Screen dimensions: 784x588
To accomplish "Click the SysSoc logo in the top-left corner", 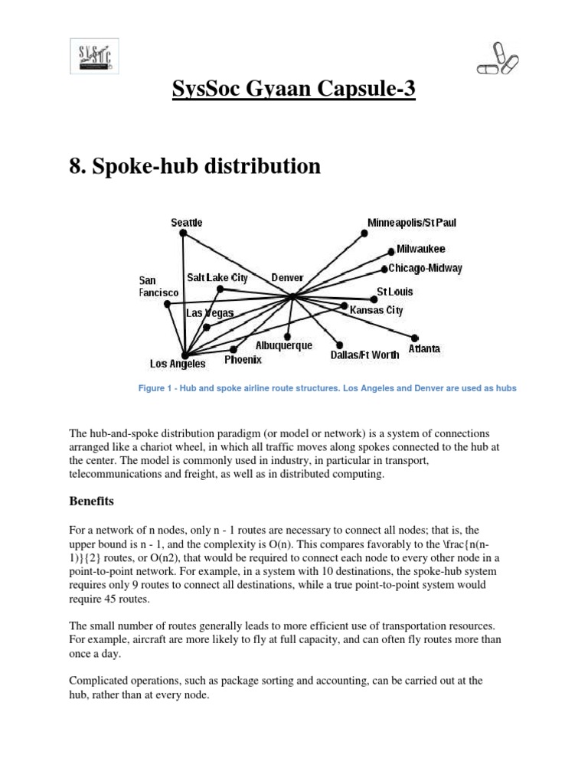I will click(x=99, y=57).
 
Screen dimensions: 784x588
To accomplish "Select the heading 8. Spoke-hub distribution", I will click(x=195, y=166).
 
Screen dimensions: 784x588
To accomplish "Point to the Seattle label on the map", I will click(x=187, y=222).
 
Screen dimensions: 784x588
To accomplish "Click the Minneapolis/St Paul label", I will click(x=412, y=222).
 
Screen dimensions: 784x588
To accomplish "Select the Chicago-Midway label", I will click(x=425, y=268).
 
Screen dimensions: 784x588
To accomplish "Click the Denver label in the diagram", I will click(x=288, y=277).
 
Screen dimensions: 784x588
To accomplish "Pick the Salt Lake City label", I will click(x=217, y=277).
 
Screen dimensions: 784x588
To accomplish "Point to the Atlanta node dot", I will click(x=414, y=338).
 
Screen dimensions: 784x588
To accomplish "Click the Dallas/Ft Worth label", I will click(x=364, y=354).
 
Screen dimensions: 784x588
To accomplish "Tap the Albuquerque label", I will click(x=284, y=346).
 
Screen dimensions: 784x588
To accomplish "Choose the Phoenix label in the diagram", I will click(x=243, y=359).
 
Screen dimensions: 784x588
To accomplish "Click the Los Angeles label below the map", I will click(x=178, y=364).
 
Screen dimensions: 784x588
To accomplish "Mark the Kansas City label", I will click(x=376, y=310).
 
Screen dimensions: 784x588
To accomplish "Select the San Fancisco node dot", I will click(x=168, y=304).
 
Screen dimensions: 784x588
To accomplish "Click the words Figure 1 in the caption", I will click(x=157, y=388).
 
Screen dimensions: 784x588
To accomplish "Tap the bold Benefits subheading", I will click(x=91, y=501).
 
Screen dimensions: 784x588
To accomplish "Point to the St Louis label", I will click(x=395, y=292).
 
